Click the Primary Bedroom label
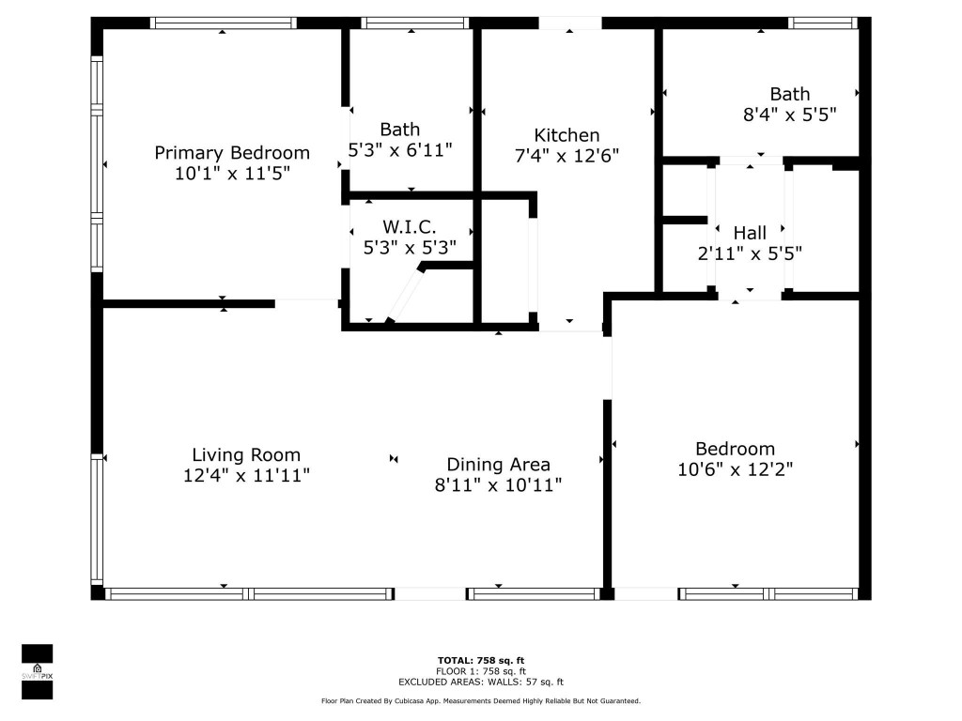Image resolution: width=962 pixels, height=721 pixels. (x=232, y=153)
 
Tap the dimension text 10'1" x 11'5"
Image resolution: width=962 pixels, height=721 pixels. (x=232, y=174)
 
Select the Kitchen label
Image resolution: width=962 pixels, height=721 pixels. (x=566, y=135)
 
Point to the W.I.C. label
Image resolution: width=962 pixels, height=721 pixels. (x=410, y=227)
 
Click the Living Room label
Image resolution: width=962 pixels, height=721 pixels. (x=246, y=455)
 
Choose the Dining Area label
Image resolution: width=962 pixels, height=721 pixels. (x=498, y=465)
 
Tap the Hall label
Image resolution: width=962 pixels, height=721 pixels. (x=750, y=233)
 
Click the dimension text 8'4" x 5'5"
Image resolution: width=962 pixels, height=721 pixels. (x=789, y=115)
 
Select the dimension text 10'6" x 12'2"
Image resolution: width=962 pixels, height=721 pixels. (x=735, y=469)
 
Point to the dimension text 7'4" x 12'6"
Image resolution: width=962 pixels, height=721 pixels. (x=566, y=156)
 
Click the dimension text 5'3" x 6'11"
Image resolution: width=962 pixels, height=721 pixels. (x=400, y=149)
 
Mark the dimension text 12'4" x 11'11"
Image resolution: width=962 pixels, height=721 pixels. (x=246, y=475)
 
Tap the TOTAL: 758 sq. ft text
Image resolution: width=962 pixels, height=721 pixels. (x=480, y=660)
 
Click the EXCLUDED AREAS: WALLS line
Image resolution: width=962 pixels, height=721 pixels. (x=481, y=682)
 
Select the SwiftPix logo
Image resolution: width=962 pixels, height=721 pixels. (x=37, y=672)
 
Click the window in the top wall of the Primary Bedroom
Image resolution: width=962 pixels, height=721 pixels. (x=224, y=23)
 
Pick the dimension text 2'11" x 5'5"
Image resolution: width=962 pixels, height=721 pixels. (x=750, y=253)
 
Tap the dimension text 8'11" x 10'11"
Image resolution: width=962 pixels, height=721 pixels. (x=498, y=485)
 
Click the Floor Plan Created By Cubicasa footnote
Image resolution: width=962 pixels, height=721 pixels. (x=481, y=700)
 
